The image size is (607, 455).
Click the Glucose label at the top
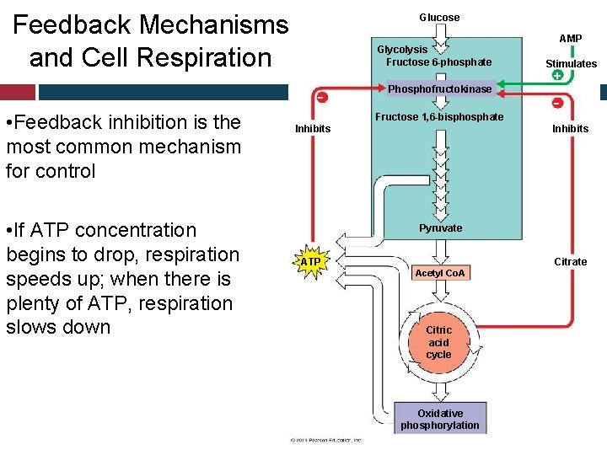pyautogui.click(x=439, y=18)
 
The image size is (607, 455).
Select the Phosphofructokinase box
pyautogui.click(x=438, y=88)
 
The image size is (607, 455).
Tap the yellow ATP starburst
pyautogui.click(x=311, y=262)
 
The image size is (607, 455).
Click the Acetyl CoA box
pyautogui.click(x=439, y=273)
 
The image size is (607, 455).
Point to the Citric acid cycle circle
pyautogui.click(x=438, y=342)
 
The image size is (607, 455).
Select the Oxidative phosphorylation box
pyautogui.click(x=439, y=419)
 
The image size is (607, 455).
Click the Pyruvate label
pyautogui.click(x=440, y=228)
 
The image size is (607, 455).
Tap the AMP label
pyautogui.click(x=570, y=39)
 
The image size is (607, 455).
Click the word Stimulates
pyautogui.click(x=571, y=64)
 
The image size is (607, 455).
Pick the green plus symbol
pyautogui.click(x=557, y=76)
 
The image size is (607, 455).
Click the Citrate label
pyautogui.click(x=570, y=262)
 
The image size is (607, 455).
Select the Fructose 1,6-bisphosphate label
pyautogui.click(x=439, y=117)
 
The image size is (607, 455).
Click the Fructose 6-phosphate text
pyautogui.click(x=438, y=62)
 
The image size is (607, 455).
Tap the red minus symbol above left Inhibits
pyautogui.click(x=322, y=97)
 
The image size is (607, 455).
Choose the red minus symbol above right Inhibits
pyautogui.click(x=557, y=103)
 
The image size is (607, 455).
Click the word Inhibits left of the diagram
pyautogui.click(x=313, y=129)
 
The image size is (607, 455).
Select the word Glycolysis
pyautogui.click(x=402, y=50)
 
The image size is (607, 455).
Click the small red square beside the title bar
pyautogui.click(x=18, y=92)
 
